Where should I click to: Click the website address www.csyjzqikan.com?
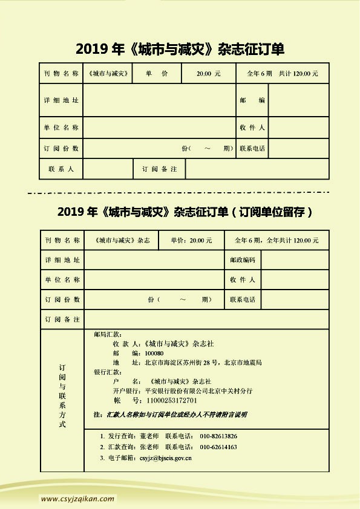(x=77, y=499)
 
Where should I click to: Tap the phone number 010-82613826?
(x=218, y=436)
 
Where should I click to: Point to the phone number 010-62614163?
(x=218, y=447)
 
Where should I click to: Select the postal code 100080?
(x=154, y=353)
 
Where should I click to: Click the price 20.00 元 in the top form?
(x=208, y=73)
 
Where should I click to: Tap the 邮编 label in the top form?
(x=252, y=100)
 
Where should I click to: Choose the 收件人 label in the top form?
(x=252, y=128)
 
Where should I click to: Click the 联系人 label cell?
(x=61, y=169)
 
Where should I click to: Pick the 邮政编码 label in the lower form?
(x=243, y=260)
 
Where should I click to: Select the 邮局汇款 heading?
(x=108, y=334)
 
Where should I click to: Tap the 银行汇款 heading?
(x=108, y=372)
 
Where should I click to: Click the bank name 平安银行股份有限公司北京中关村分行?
(x=199, y=391)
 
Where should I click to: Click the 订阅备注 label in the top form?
(x=159, y=169)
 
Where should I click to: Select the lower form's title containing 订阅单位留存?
(x=185, y=212)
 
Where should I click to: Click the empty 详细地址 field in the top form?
(x=159, y=100)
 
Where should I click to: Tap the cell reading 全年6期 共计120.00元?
(x=283, y=73)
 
